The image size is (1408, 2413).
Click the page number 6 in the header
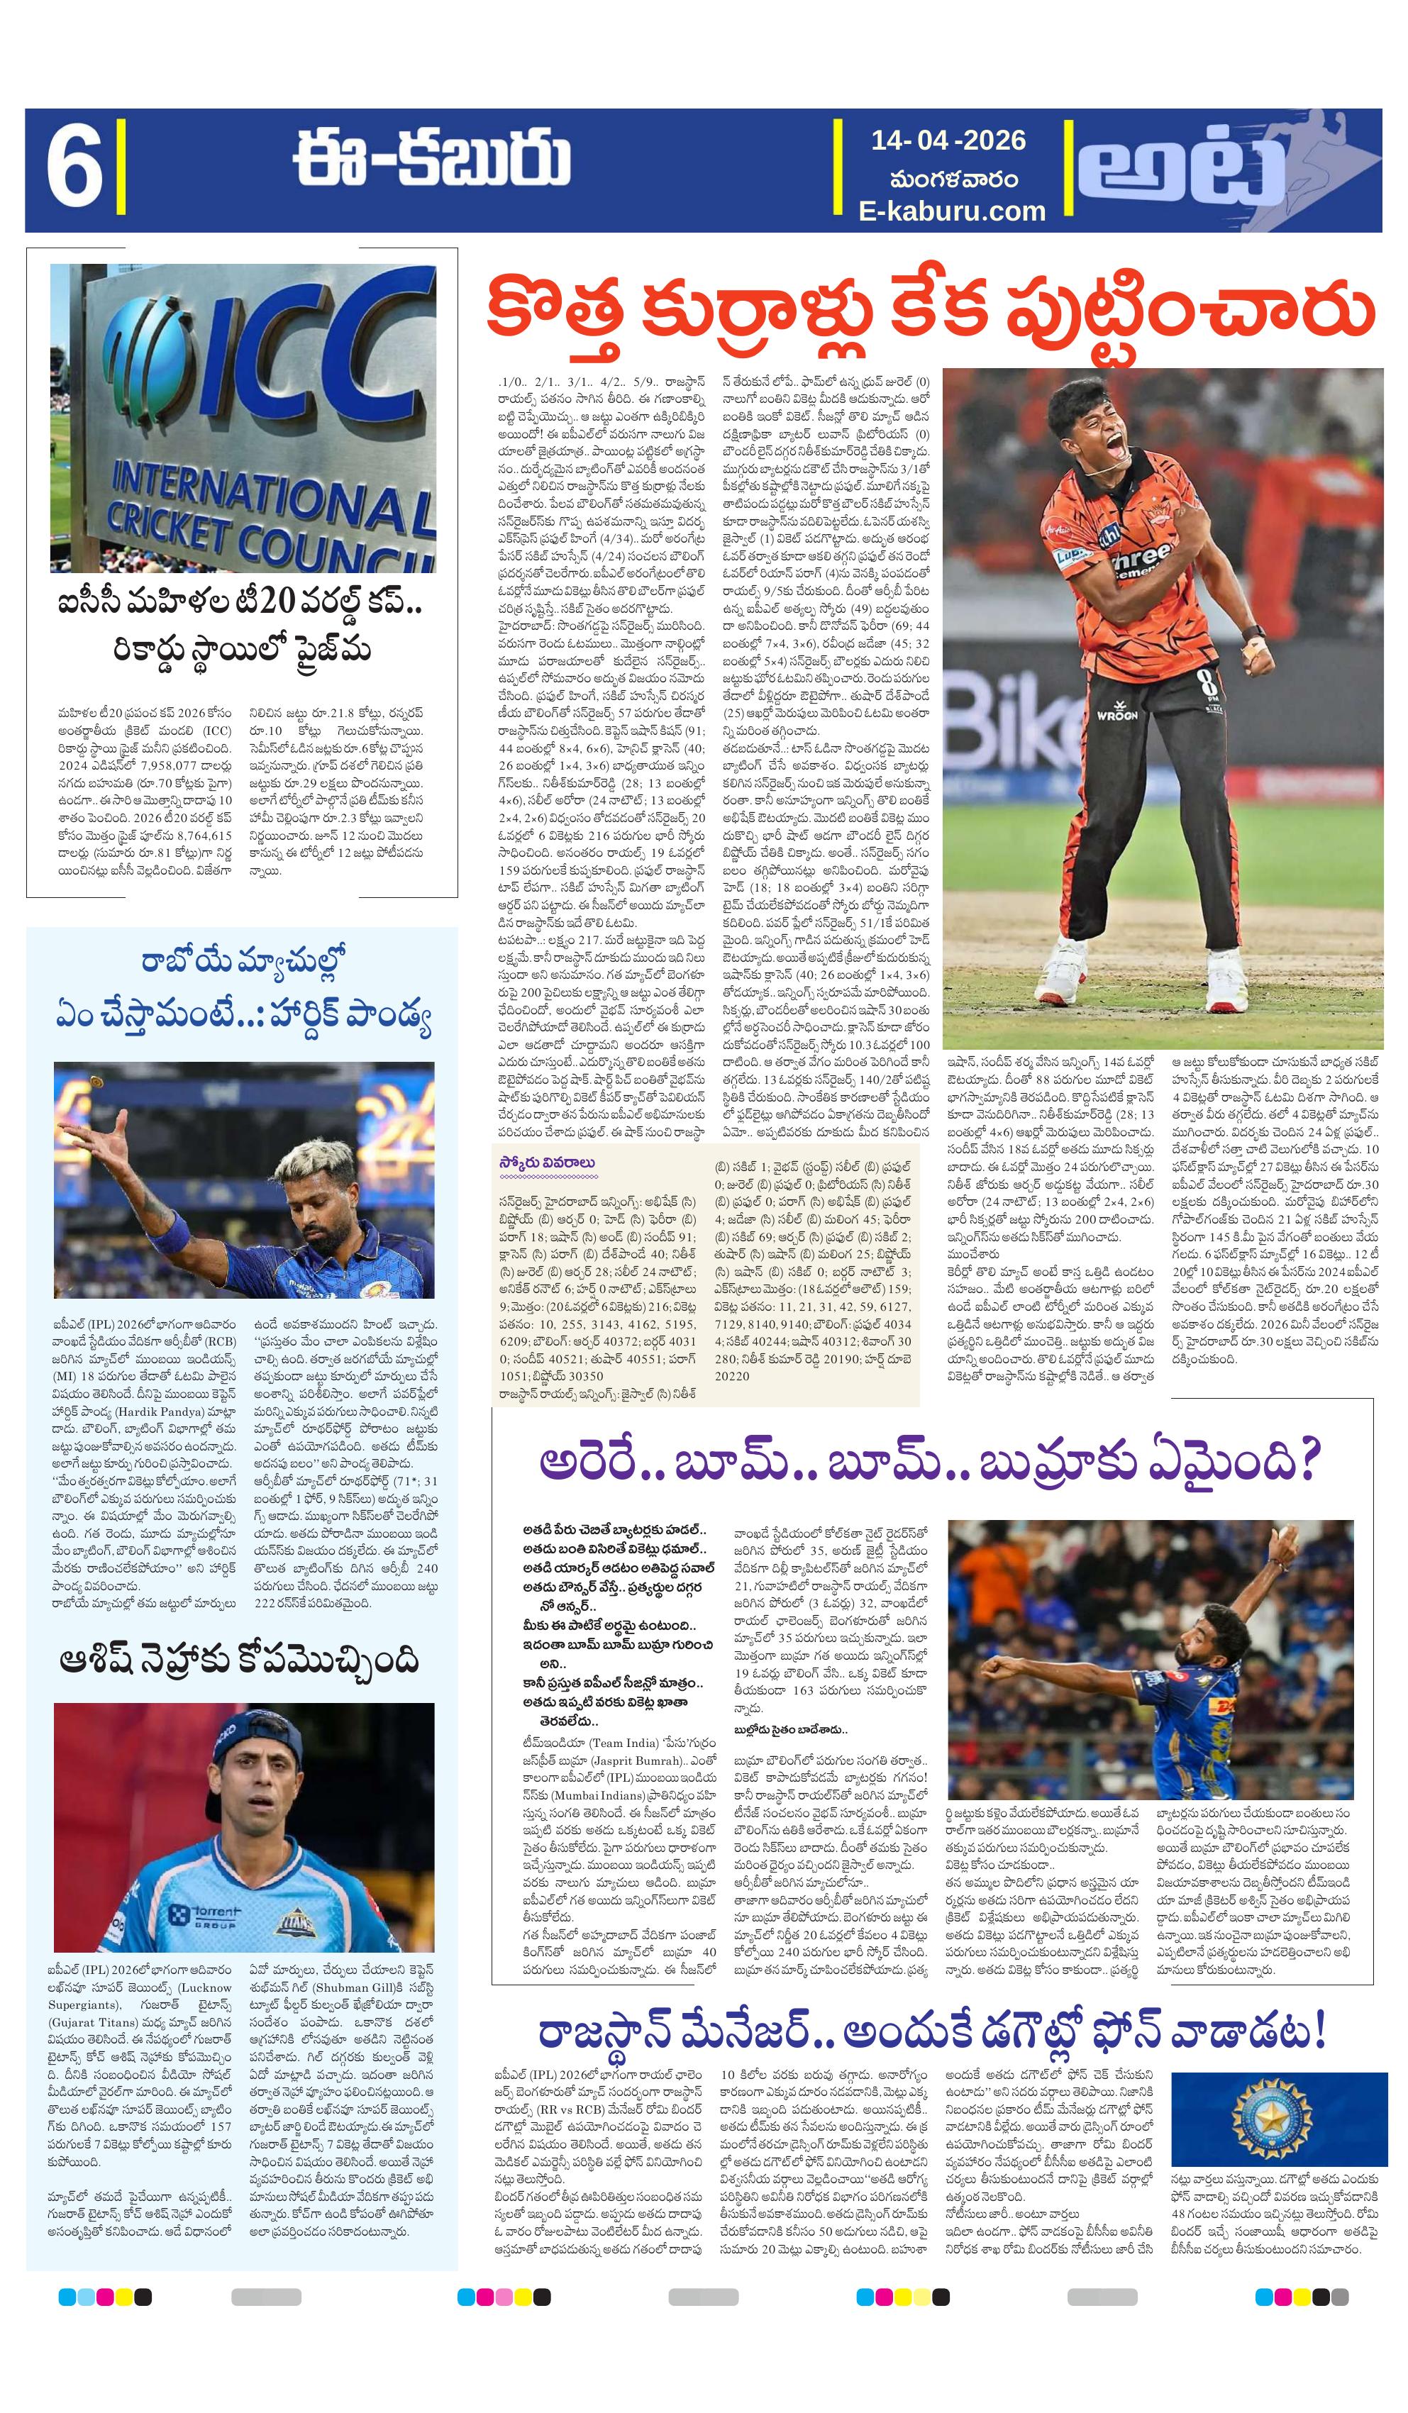click(73, 170)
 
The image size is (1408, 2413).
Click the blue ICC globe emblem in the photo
click(153, 355)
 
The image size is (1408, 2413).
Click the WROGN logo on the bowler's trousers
click(1116, 715)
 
